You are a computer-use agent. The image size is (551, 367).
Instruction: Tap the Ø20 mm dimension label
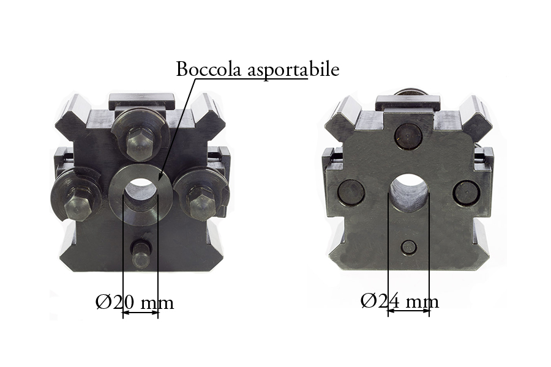pos(135,302)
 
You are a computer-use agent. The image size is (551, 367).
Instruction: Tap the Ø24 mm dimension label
pos(400,302)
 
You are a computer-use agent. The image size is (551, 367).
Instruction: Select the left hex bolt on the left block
pos(79,207)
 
